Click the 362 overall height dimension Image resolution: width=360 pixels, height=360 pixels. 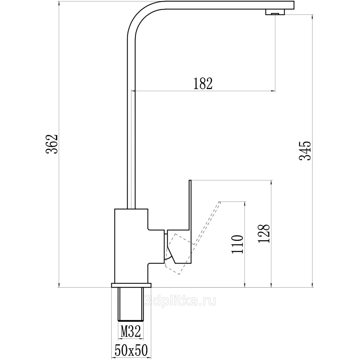click(52, 144)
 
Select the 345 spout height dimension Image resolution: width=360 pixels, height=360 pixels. click(305, 150)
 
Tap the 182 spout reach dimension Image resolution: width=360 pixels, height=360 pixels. click(203, 84)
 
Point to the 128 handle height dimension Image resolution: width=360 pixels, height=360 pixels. click(264, 233)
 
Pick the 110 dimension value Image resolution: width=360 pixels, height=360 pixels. click(238, 244)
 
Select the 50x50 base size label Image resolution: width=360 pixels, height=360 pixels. click(131, 350)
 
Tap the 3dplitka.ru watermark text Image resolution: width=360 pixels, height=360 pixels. click(181, 301)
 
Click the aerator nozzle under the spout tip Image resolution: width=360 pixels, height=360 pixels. click(275, 12)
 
